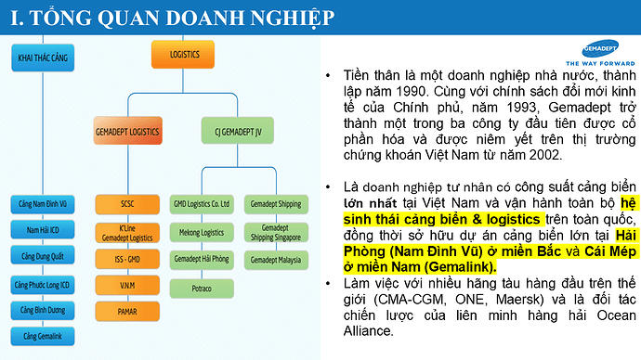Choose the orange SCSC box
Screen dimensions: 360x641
(127, 202)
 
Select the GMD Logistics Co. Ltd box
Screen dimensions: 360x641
(202, 203)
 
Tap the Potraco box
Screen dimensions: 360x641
(202, 289)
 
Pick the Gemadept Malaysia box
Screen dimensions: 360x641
(276, 260)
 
